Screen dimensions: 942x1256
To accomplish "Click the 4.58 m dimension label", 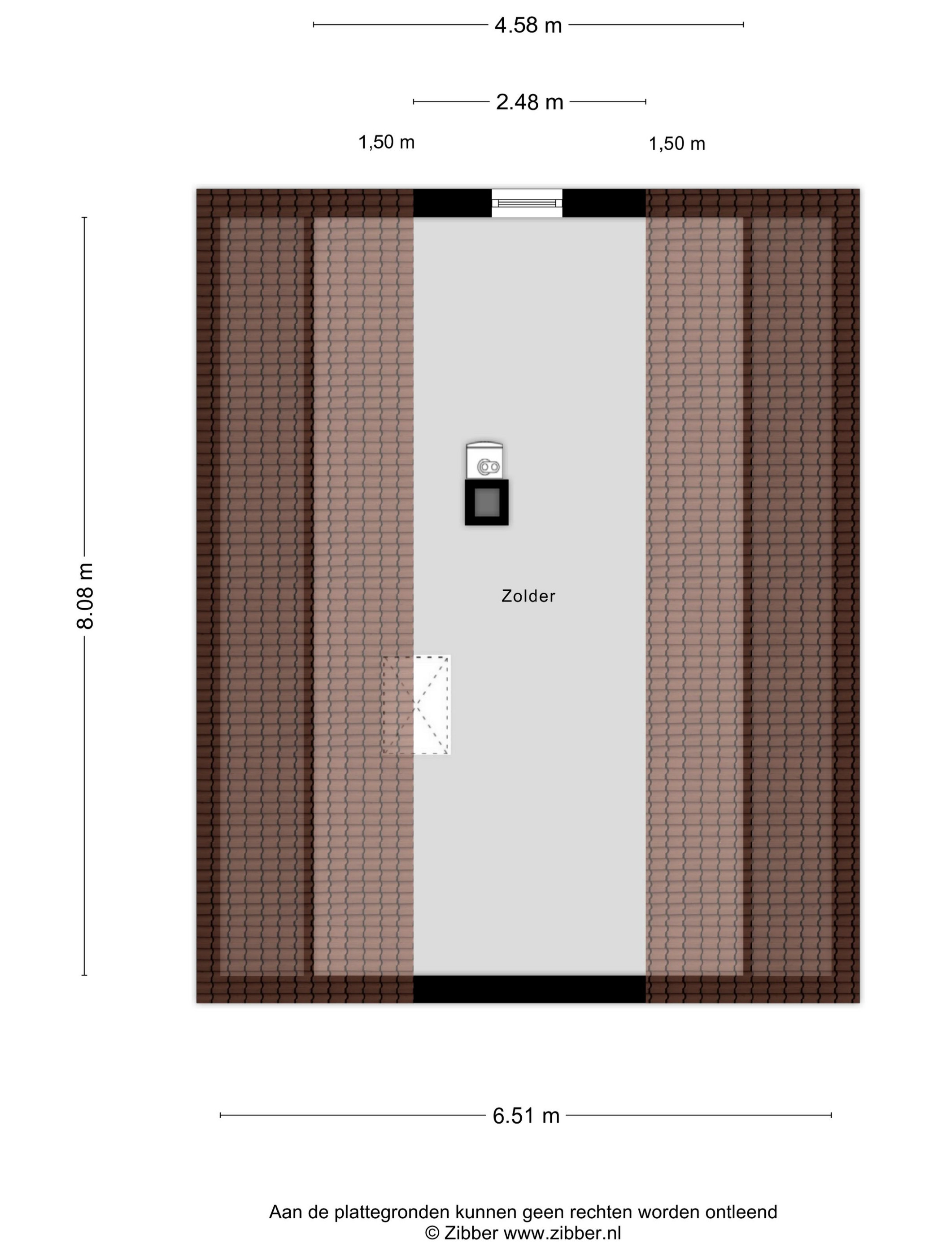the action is [x=528, y=26].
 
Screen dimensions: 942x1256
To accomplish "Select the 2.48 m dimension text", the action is [x=529, y=102].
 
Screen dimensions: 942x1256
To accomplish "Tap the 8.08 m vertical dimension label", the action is [x=85, y=596].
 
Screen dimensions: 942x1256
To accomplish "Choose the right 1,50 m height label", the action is [x=677, y=144].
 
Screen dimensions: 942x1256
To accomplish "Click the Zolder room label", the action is [x=528, y=596].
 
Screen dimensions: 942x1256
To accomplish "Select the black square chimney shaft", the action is [x=487, y=502].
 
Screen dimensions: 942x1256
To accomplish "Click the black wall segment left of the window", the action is [x=453, y=203].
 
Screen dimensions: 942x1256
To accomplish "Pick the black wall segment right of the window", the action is [x=604, y=203].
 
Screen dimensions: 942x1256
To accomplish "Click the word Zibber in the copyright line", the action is [x=471, y=1233].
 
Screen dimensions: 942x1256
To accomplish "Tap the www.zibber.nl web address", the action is [x=562, y=1233].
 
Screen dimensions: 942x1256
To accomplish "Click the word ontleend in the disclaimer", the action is [x=741, y=1212].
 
